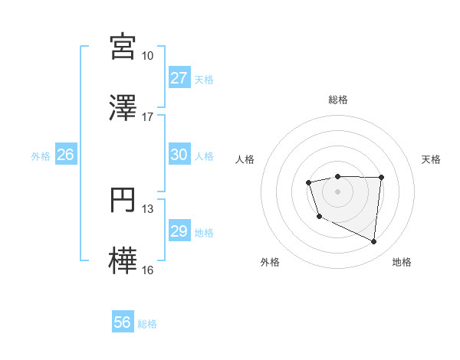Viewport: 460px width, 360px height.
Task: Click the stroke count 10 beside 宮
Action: [x=147, y=56]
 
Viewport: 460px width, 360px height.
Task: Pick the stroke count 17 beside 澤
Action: [x=147, y=117]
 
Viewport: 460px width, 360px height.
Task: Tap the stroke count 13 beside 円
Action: [x=147, y=209]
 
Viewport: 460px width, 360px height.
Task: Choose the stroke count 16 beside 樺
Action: [x=147, y=270]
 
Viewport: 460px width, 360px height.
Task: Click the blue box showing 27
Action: [x=179, y=78]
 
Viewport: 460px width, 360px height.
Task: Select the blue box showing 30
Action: [x=179, y=155]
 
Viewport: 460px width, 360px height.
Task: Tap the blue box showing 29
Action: [x=179, y=231]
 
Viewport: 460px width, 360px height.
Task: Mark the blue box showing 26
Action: [x=65, y=155]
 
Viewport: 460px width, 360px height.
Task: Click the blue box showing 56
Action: [x=122, y=323]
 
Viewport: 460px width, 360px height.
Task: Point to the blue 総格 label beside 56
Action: [x=147, y=324]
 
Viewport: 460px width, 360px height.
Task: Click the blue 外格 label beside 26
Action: [x=41, y=155]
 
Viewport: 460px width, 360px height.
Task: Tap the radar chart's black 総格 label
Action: [x=337, y=100]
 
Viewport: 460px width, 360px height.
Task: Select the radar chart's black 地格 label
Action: [x=402, y=262]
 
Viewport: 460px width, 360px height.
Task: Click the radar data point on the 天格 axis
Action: [x=381, y=178]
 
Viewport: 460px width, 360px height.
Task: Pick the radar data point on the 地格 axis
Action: [x=374, y=242]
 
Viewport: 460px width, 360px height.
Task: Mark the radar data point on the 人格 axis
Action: [x=308, y=182]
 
